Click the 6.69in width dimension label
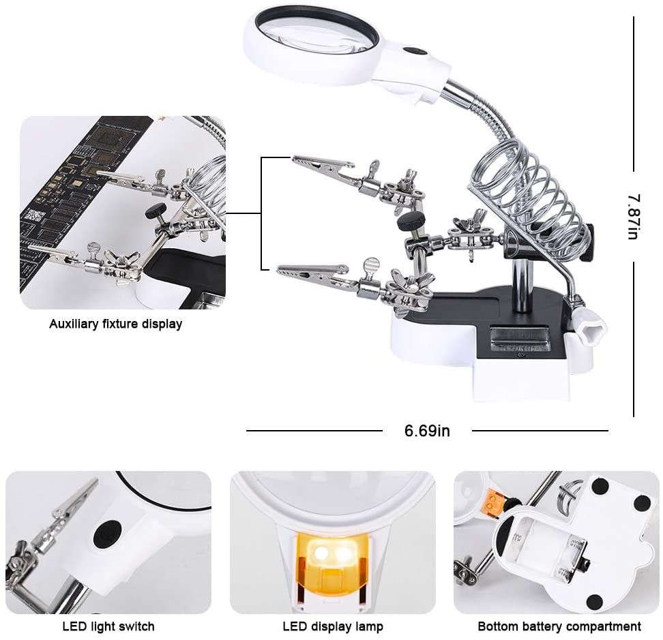point(427,431)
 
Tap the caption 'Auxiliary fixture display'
point(115,324)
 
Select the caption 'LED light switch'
point(108,626)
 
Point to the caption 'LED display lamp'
point(333,626)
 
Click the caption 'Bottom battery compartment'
point(559,626)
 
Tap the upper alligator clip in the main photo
point(321,166)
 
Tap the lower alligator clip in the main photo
point(310,275)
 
